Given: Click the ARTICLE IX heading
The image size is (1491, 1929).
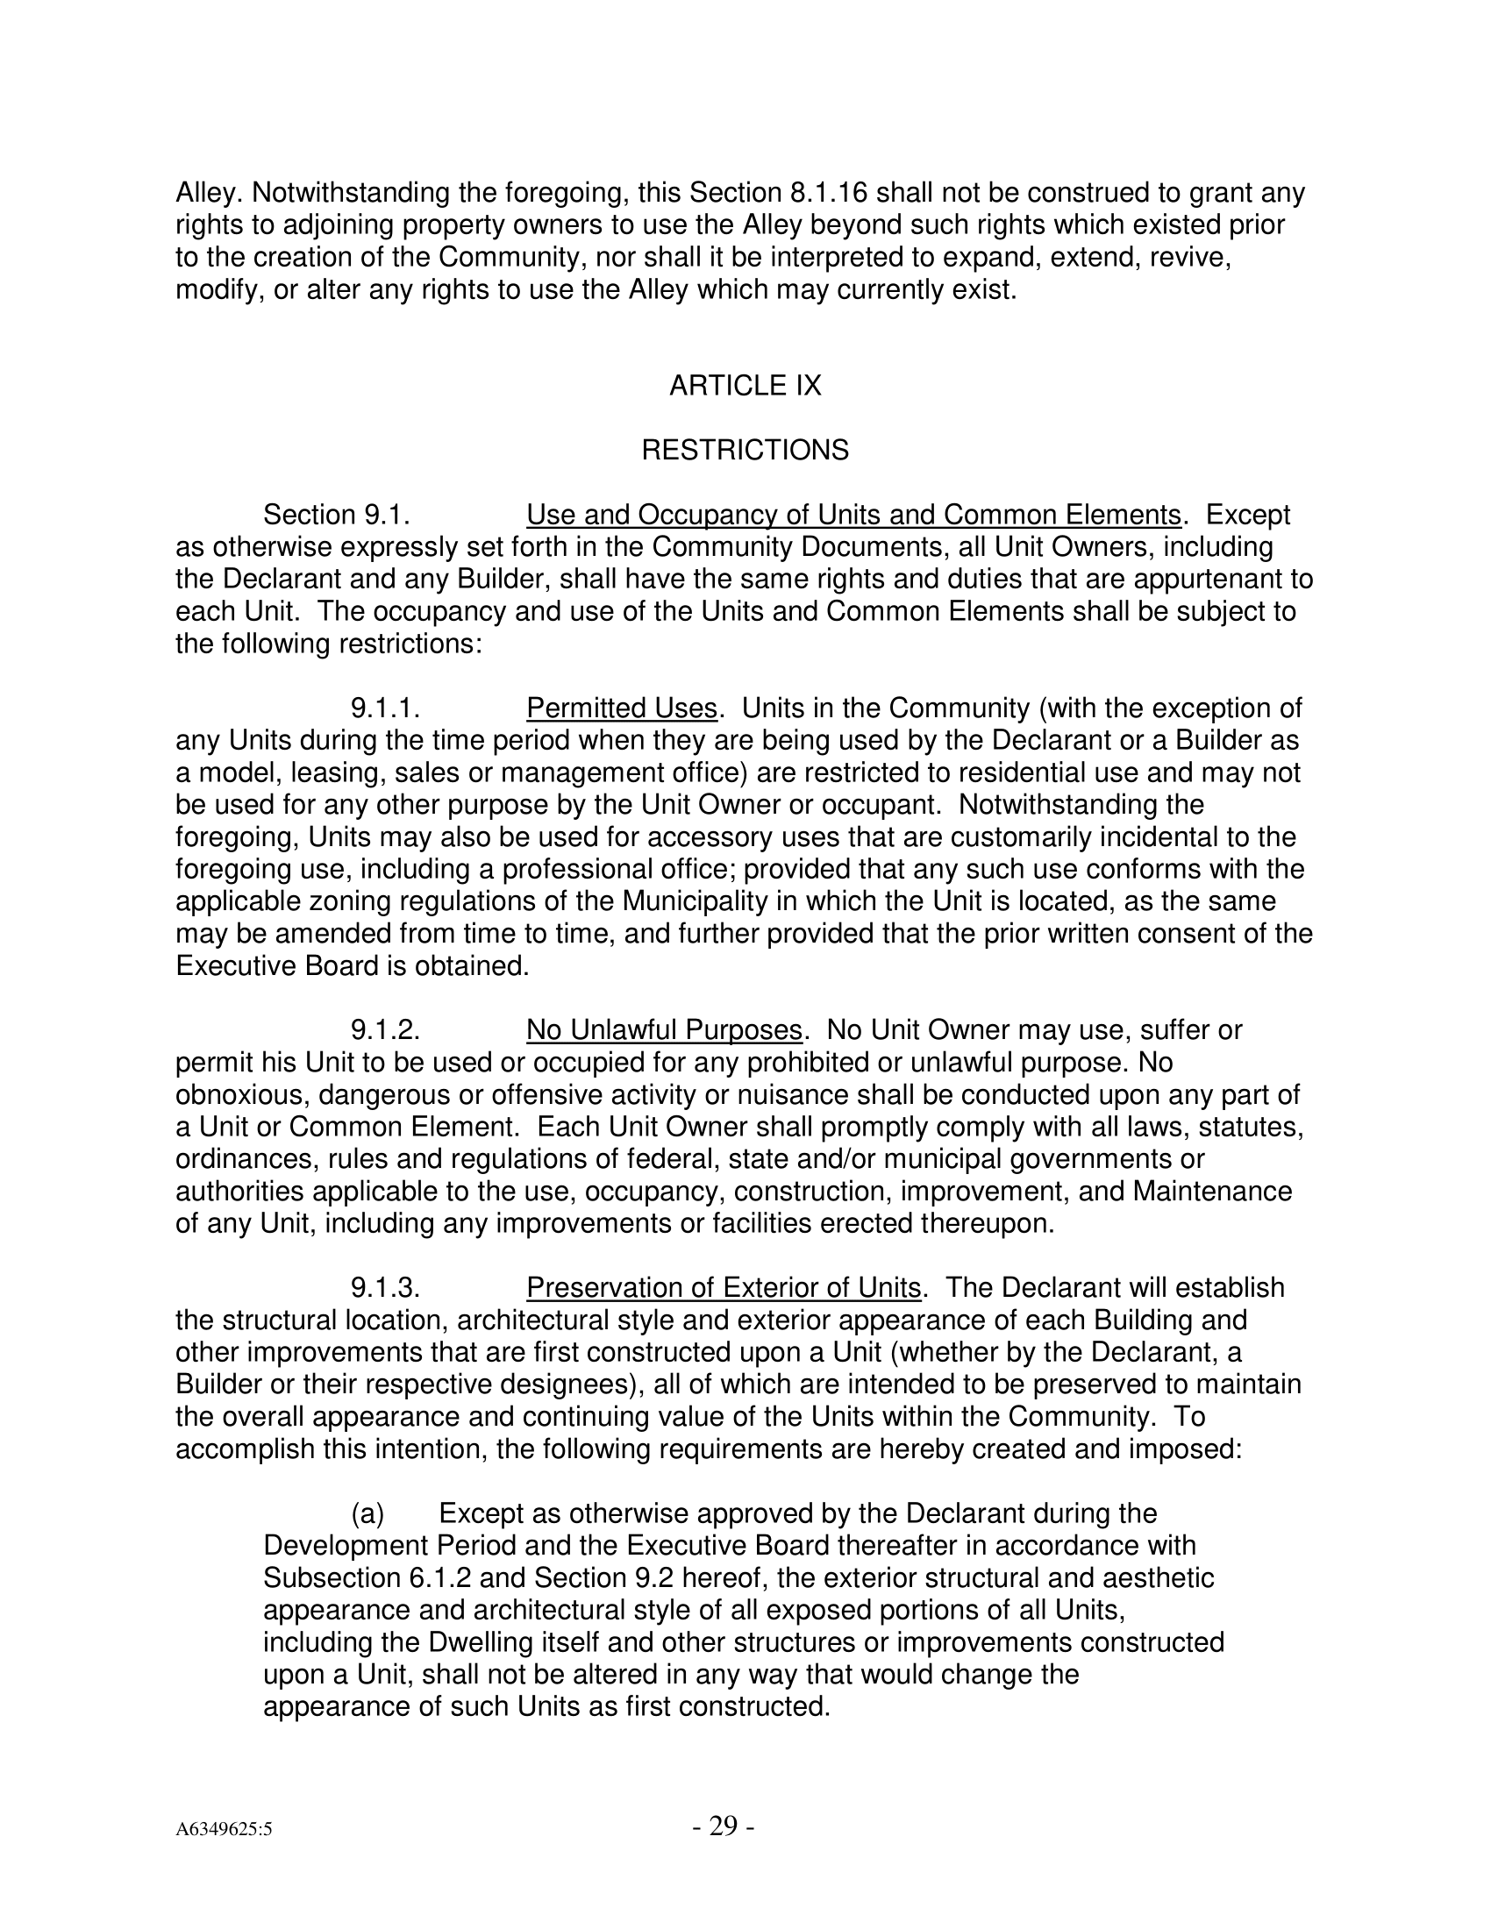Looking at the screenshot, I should pyautogui.click(x=745, y=386).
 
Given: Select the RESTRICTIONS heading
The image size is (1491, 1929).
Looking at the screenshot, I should pyautogui.click(x=745, y=451).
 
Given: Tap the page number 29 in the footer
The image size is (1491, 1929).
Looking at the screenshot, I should pyautogui.click(x=723, y=1825).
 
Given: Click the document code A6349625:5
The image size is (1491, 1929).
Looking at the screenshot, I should pyautogui.click(x=224, y=1829).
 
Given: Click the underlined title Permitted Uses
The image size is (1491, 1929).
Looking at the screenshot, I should pyautogui.click(x=621, y=708).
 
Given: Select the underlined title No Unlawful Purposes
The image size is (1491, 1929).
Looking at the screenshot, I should pyautogui.click(x=663, y=1030).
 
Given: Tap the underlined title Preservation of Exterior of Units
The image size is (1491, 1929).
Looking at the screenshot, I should pyautogui.click(x=724, y=1288).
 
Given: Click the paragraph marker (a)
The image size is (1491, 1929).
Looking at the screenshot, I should pyautogui.click(x=367, y=1514).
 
